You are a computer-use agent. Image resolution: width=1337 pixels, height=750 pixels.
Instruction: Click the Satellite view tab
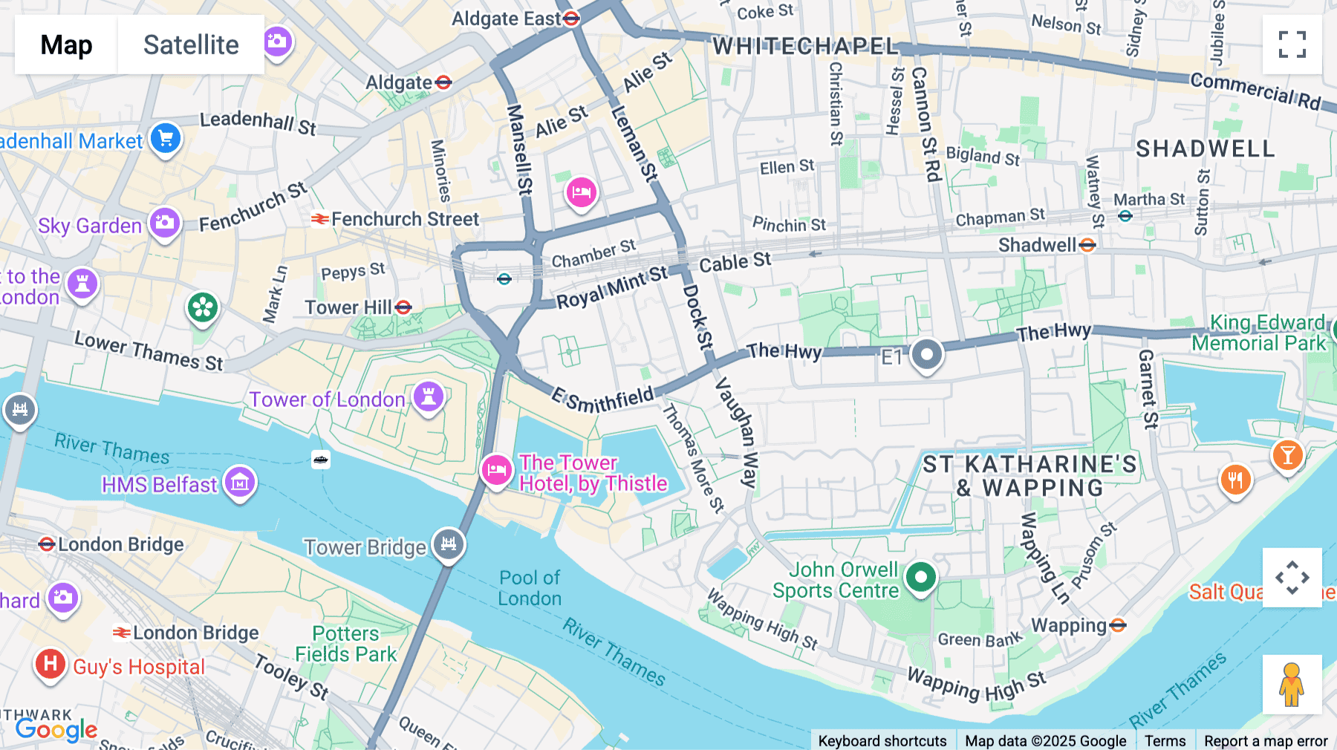point(191,45)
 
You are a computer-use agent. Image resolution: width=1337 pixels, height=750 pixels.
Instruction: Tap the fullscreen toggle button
point(1292,45)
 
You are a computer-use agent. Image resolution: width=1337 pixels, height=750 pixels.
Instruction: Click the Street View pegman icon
point(1292,684)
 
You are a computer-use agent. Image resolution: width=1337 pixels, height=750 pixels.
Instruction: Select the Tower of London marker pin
point(429,396)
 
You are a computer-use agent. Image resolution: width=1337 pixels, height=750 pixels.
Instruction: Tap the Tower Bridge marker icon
point(449,544)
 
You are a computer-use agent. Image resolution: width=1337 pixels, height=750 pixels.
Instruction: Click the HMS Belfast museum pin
point(240,483)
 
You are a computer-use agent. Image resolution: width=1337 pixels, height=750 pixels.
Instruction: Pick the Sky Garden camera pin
point(165,223)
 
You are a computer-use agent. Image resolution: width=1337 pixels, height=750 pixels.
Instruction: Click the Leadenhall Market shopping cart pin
point(166,138)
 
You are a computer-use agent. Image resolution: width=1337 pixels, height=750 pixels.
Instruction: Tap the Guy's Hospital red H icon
point(50,663)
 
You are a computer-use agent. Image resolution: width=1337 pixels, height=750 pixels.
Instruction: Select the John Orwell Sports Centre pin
point(921,577)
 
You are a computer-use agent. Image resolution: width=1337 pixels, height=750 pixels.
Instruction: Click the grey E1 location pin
point(926,355)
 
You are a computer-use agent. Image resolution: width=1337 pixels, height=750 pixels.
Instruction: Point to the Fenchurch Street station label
point(405,219)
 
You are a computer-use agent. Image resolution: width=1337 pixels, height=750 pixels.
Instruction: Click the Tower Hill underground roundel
point(403,307)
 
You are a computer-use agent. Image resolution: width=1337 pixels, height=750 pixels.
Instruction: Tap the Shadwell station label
point(1037,245)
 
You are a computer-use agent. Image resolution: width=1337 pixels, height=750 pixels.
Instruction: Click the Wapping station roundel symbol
point(1118,625)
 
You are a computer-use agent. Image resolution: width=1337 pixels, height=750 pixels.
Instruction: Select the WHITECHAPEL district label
point(805,46)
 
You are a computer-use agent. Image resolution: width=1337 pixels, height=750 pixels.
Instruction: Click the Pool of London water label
point(530,588)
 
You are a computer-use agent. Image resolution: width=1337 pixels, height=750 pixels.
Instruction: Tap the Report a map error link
point(1266,741)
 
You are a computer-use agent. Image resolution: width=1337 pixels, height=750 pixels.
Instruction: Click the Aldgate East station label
point(507,19)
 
